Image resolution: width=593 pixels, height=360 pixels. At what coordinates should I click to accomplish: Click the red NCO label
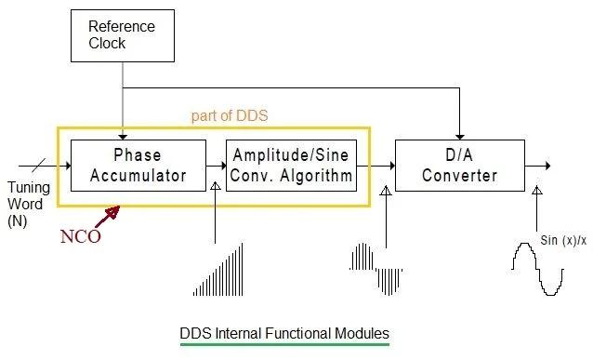coord(80,236)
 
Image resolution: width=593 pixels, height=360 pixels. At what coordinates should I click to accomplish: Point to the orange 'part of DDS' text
coord(230,116)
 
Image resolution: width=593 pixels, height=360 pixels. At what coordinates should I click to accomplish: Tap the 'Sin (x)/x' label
coord(561,241)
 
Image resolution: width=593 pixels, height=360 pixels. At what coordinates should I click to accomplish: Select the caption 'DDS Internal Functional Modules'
coord(283,332)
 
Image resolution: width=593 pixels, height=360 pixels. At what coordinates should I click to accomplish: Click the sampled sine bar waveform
coord(376,270)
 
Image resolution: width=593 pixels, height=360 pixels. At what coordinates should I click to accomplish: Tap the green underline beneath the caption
coord(283,344)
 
